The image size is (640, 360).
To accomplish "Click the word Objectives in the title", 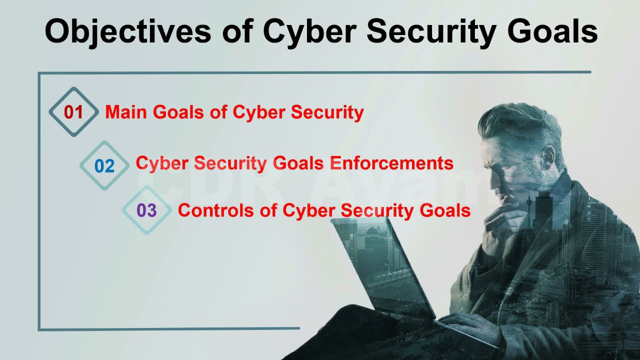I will pyautogui.click(x=127, y=31).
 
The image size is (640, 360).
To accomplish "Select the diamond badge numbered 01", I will pyautogui.click(x=73, y=112).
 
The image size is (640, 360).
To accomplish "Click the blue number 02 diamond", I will pyautogui.click(x=104, y=165).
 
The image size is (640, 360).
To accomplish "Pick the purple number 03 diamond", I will pyautogui.click(x=146, y=210).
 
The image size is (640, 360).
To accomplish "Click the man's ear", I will pyautogui.click(x=549, y=155).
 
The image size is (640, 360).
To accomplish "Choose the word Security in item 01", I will pyautogui.click(x=327, y=112).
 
